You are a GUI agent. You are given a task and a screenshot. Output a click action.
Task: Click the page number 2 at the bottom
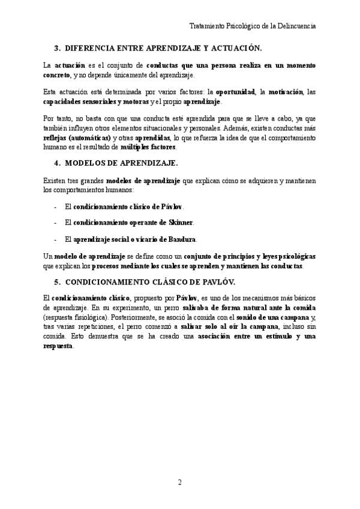click(x=179, y=483)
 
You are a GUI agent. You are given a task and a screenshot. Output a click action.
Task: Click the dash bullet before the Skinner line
click(x=55, y=222)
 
